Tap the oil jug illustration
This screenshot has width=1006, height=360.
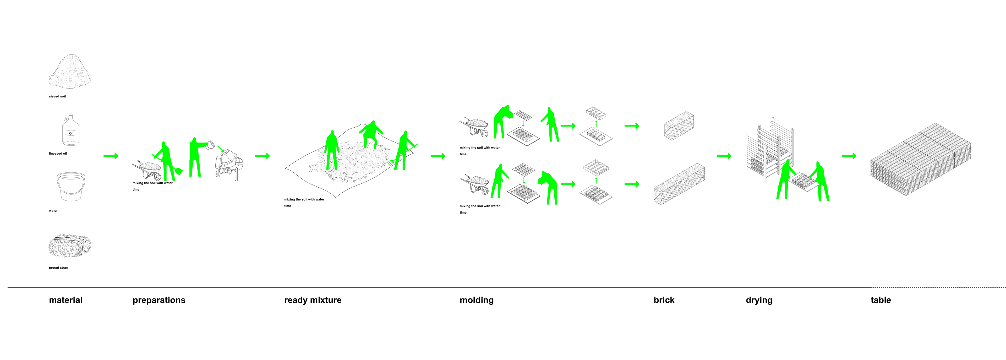pyautogui.click(x=71, y=130)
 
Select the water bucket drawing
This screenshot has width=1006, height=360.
pyautogui.click(x=71, y=187)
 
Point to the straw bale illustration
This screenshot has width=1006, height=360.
pyautogui.click(x=70, y=246)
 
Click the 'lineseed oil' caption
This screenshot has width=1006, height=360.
pyautogui.click(x=58, y=154)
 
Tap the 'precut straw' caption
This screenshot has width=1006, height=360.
pyautogui.click(x=59, y=268)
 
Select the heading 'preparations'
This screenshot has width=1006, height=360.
pyautogui.click(x=159, y=300)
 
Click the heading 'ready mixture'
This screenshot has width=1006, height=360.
pyautogui.click(x=313, y=300)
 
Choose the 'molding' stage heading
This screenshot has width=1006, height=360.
pyautogui.click(x=477, y=300)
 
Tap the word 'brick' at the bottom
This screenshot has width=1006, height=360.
pyautogui.click(x=664, y=300)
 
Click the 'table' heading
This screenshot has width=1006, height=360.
pyautogui.click(x=881, y=300)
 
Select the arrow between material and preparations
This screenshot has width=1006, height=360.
pyautogui.click(x=111, y=156)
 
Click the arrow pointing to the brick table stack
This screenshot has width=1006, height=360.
pyautogui.click(x=849, y=156)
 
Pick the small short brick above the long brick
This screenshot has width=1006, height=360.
pyautogui.click(x=679, y=125)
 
